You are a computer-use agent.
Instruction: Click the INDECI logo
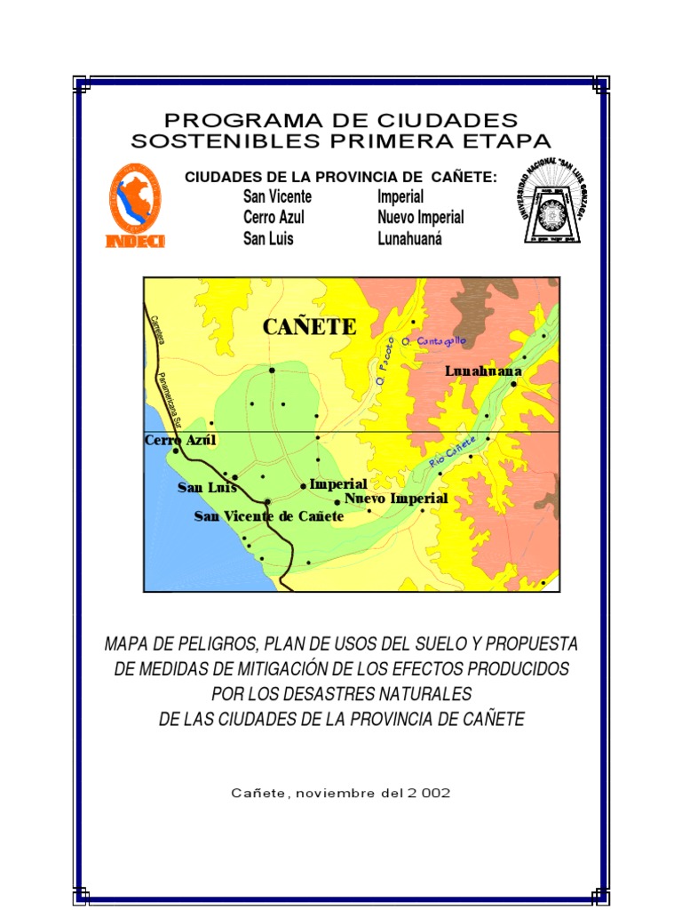tap(135, 206)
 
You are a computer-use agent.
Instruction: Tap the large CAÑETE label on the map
tap(309, 327)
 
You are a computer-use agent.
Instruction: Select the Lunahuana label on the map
tap(483, 371)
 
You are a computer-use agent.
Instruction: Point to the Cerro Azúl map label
tap(180, 440)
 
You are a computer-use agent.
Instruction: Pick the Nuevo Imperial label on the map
tap(396, 499)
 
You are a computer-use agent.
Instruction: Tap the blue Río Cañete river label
tap(453, 451)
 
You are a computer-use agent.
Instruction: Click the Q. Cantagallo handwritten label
tap(434, 341)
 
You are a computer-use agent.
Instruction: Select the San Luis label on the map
tap(207, 487)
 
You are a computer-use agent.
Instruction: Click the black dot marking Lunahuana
tap(514, 384)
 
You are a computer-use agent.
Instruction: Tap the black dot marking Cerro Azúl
tap(176, 451)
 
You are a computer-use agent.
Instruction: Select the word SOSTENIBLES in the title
tap(221, 140)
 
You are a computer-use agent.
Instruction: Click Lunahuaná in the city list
tap(408, 238)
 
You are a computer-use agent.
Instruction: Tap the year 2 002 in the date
tap(428, 793)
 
